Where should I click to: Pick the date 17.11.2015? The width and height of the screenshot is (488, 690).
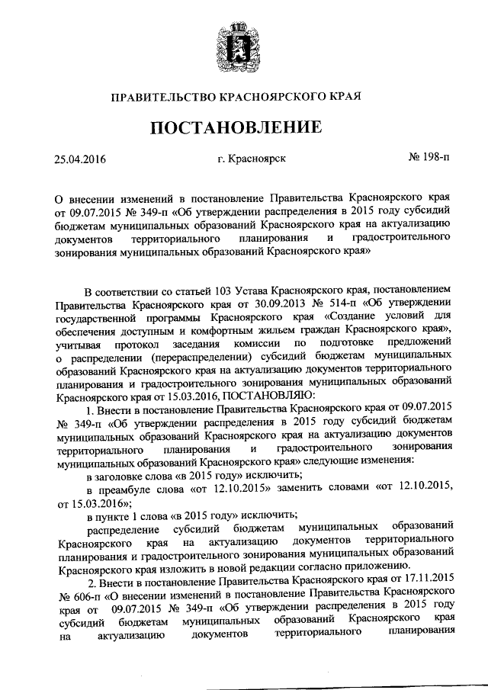click(x=429, y=579)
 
